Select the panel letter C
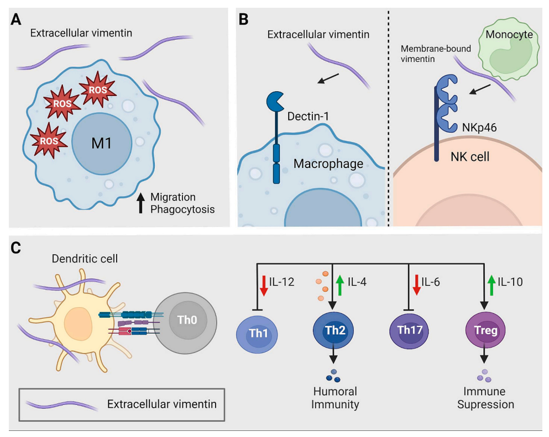point(17,248)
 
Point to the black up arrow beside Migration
point(140,203)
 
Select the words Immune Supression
point(485,398)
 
